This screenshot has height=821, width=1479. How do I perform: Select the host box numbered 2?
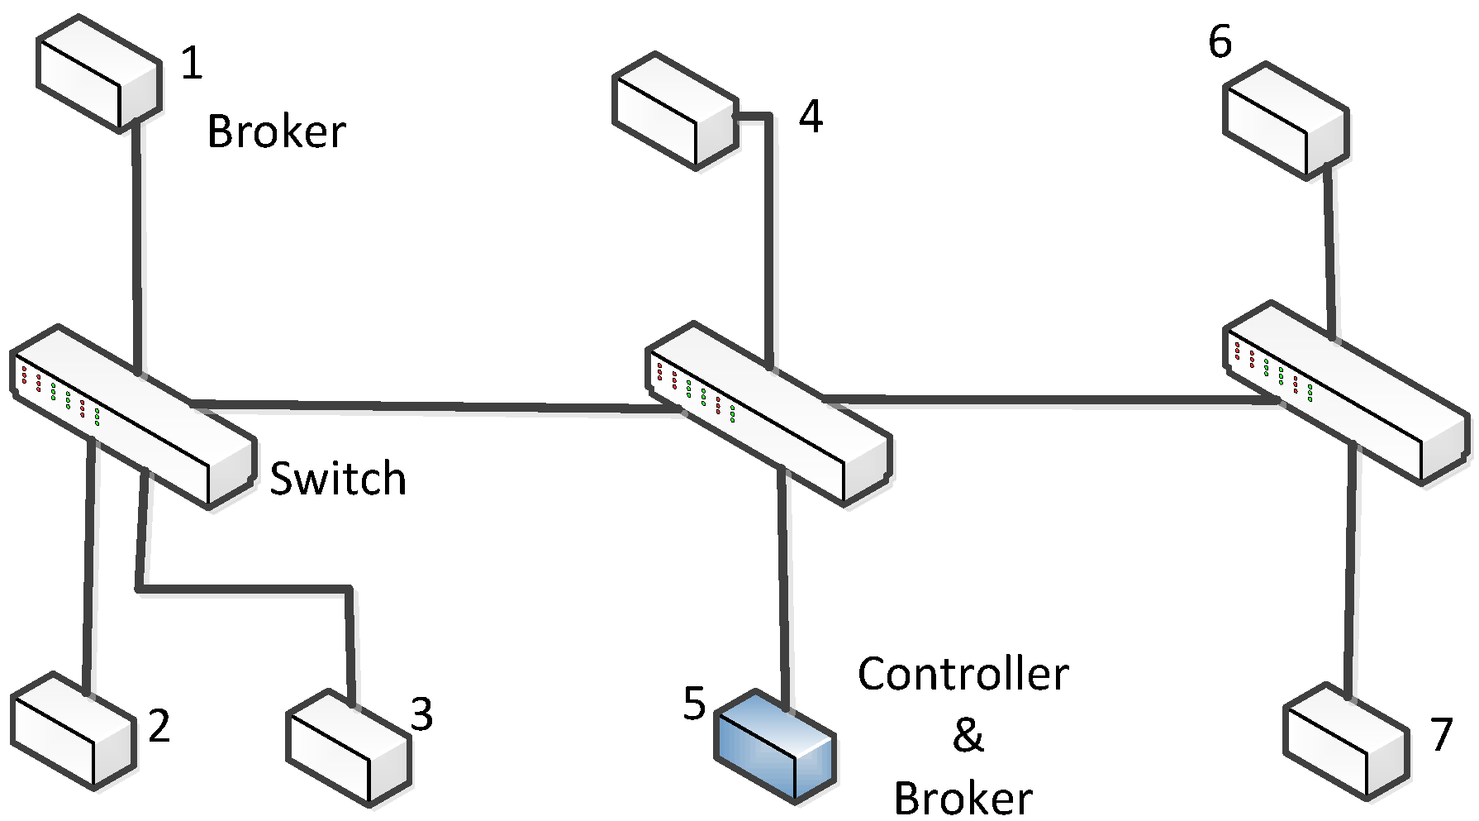point(73,730)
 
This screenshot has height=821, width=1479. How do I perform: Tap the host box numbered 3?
point(348,747)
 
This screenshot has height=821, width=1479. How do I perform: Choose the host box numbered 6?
point(1286,121)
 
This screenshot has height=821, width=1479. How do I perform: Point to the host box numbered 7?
point(1346,740)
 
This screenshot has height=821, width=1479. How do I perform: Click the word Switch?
point(339,480)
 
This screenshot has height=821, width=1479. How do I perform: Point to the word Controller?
point(963,675)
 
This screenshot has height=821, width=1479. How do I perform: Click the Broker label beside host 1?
point(276,132)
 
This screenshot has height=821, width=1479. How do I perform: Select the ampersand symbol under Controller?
point(968,735)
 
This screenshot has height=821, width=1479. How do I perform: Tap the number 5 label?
point(694,704)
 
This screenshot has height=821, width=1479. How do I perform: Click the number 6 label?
point(1220,41)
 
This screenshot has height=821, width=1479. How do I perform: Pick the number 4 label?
point(811,117)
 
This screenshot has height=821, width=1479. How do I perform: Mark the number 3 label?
point(421,714)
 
